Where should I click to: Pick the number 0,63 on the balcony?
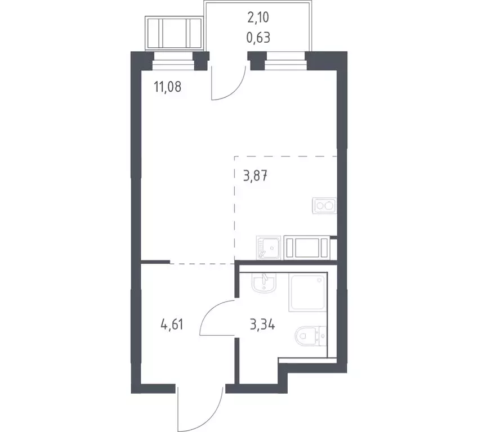258,38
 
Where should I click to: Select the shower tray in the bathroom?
307,292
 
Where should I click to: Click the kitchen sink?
269,247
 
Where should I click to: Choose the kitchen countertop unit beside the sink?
307,247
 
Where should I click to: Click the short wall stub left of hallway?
155,262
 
